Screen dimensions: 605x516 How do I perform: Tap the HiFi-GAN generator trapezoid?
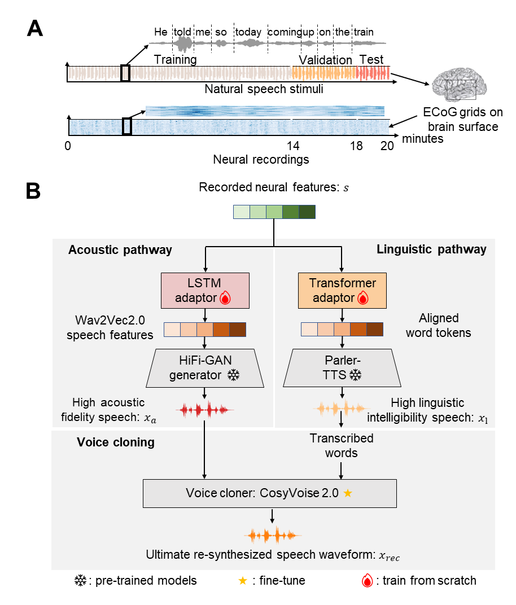point(204,367)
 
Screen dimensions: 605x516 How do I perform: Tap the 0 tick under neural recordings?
point(68,145)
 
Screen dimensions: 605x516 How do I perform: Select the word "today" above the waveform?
point(249,32)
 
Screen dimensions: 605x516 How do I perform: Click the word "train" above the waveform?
point(364,32)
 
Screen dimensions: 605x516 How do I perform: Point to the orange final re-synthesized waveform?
point(273,534)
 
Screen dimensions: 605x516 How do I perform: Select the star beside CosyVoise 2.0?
point(348,493)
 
